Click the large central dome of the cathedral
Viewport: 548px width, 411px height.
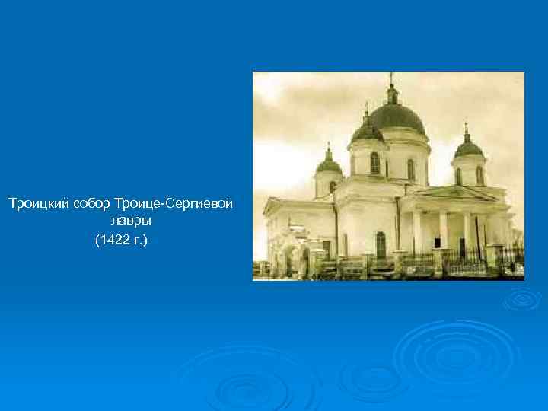397,118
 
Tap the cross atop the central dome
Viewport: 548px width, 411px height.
391,78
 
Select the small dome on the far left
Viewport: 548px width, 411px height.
328,164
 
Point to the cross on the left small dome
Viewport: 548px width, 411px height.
328,146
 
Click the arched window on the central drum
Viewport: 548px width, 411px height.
374,162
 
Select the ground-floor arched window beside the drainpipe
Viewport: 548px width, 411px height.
380,244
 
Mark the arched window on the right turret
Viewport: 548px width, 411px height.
458,176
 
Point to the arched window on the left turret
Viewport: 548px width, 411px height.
333,186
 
